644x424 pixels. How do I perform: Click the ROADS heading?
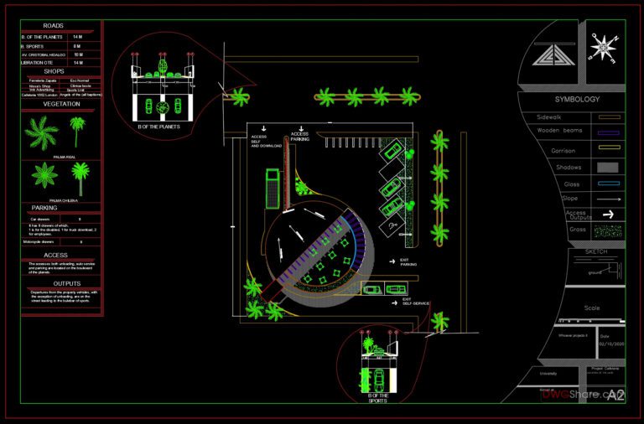coord(55,25)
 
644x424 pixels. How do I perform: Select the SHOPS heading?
coord(55,71)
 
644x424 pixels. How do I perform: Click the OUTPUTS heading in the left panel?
coord(55,282)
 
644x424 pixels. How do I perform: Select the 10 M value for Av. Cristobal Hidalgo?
coord(78,54)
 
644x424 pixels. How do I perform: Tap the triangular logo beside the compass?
coord(554,56)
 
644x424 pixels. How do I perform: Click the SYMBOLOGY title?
coord(577,99)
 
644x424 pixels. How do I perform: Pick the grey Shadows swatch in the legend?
coord(609,167)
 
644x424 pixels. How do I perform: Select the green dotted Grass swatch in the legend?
coord(609,229)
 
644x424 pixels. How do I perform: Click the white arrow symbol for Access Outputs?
coord(609,214)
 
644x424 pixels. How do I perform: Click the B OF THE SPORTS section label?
coord(378,397)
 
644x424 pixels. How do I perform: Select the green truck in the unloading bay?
coord(272,186)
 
